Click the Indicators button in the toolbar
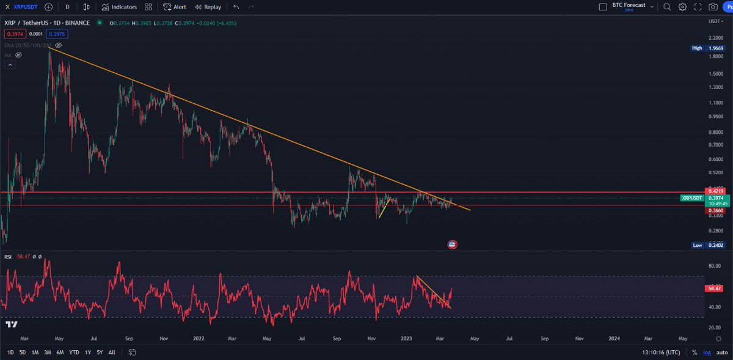(119, 7)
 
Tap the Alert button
(175, 7)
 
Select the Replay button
(208, 7)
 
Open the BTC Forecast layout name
(628, 6)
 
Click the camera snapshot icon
(713, 7)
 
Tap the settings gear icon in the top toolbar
(682, 7)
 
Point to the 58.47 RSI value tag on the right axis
(713, 288)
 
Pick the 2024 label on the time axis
(614, 337)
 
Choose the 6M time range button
(60, 352)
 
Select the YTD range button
(74, 352)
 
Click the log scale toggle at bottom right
(707, 352)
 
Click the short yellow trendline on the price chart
(384, 208)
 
